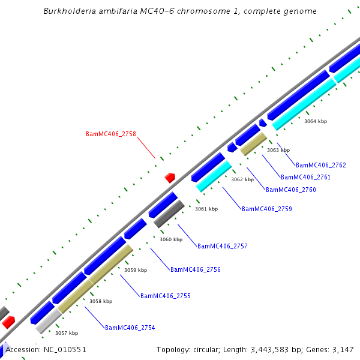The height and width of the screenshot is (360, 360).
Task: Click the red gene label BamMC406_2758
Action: tap(111, 134)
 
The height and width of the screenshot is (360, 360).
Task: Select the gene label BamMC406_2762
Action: tap(321, 165)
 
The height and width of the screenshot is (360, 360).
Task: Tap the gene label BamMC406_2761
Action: tap(305, 177)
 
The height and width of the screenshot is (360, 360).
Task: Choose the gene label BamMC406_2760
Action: tap(290, 190)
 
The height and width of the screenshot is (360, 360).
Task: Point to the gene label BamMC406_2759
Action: tap(266, 209)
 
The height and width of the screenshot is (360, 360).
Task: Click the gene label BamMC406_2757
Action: tap(222, 246)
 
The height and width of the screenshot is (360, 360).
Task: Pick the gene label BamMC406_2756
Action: tap(195, 269)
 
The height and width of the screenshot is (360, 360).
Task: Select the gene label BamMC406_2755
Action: tap(165, 296)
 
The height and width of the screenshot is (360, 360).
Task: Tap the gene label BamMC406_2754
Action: tap(130, 328)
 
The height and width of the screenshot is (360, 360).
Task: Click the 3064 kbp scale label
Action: tap(316, 121)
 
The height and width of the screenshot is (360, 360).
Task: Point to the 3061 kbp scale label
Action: tap(206, 209)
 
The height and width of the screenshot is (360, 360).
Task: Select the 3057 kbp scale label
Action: tap(67, 332)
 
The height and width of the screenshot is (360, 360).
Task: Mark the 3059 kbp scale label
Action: tap(136, 270)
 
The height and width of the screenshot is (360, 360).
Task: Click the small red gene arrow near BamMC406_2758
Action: tap(170, 178)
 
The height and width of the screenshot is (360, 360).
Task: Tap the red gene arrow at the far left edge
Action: tap(8, 323)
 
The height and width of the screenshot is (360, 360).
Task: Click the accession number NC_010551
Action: tap(64, 349)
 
